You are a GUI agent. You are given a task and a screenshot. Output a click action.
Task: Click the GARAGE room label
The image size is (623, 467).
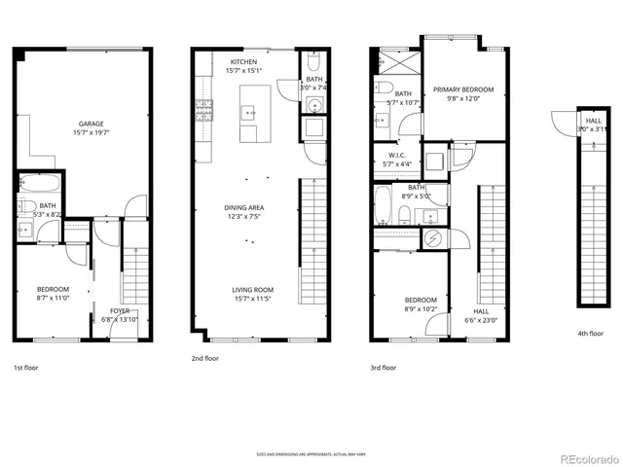click(x=92, y=124)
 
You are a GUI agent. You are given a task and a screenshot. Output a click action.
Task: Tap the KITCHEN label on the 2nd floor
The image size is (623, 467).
click(x=243, y=62)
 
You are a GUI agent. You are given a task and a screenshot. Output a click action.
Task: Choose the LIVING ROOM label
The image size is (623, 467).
click(x=251, y=290)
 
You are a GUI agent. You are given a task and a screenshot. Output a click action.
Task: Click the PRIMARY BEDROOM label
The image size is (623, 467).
click(x=463, y=90)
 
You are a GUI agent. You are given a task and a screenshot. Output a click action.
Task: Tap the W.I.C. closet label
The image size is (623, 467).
click(x=396, y=156)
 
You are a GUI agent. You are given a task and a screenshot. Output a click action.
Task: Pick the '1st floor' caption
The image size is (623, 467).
click(x=27, y=369)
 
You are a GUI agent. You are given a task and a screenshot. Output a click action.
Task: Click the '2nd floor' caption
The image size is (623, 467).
click(x=204, y=359)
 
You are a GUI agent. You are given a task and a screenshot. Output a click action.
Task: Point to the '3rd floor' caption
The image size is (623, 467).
click(x=384, y=368)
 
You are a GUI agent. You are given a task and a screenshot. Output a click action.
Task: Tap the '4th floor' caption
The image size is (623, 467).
click(x=590, y=334)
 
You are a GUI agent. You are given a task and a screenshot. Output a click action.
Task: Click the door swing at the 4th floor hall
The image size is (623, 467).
click(x=562, y=124)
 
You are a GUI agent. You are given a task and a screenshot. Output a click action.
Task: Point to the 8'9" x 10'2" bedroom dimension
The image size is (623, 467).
click(x=421, y=308)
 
